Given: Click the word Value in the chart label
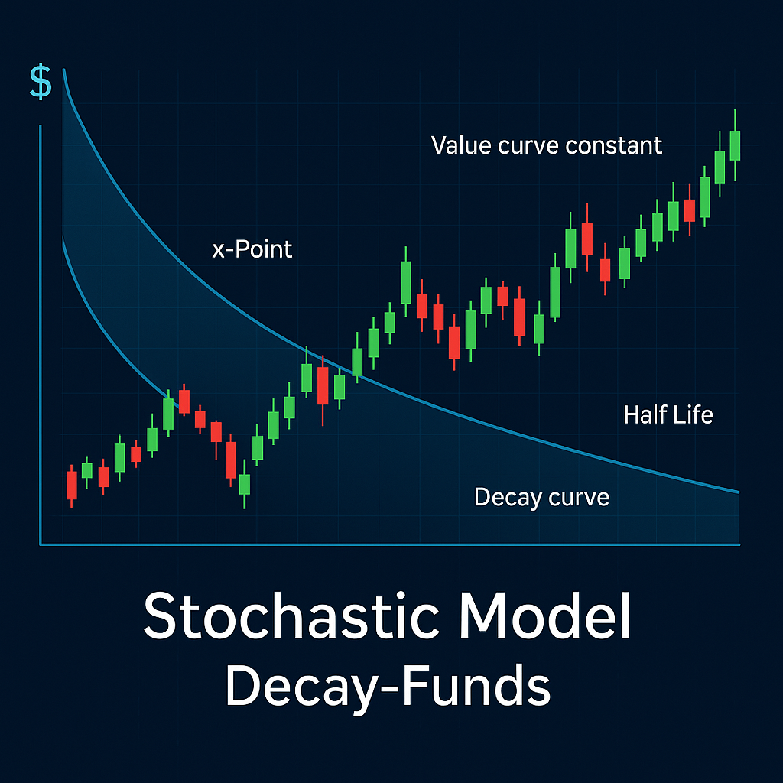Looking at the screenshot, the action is (x=461, y=145).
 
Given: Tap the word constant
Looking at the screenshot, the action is (x=614, y=145).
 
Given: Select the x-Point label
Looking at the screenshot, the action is (x=252, y=249).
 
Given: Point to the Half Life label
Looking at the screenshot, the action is (x=668, y=414).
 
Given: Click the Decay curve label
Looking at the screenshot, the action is (x=542, y=497).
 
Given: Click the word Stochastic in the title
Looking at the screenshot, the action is (x=291, y=616).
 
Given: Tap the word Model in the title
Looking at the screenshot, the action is (x=544, y=616).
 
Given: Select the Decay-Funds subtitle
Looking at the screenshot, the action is (x=388, y=684).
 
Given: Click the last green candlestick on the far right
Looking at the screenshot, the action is (x=735, y=145).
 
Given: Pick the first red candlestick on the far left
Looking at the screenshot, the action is (x=71, y=485).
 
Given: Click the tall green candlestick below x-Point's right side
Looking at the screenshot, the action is (x=405, y=282).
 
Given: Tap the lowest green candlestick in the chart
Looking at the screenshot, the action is (x=244, y=484).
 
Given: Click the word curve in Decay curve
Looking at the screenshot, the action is (x=579, y=497).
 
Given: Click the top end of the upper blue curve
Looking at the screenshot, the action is (x=63, y=70).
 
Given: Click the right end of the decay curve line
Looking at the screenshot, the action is (x=739, y=492).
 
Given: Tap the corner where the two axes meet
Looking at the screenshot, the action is (x=41, y=544).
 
